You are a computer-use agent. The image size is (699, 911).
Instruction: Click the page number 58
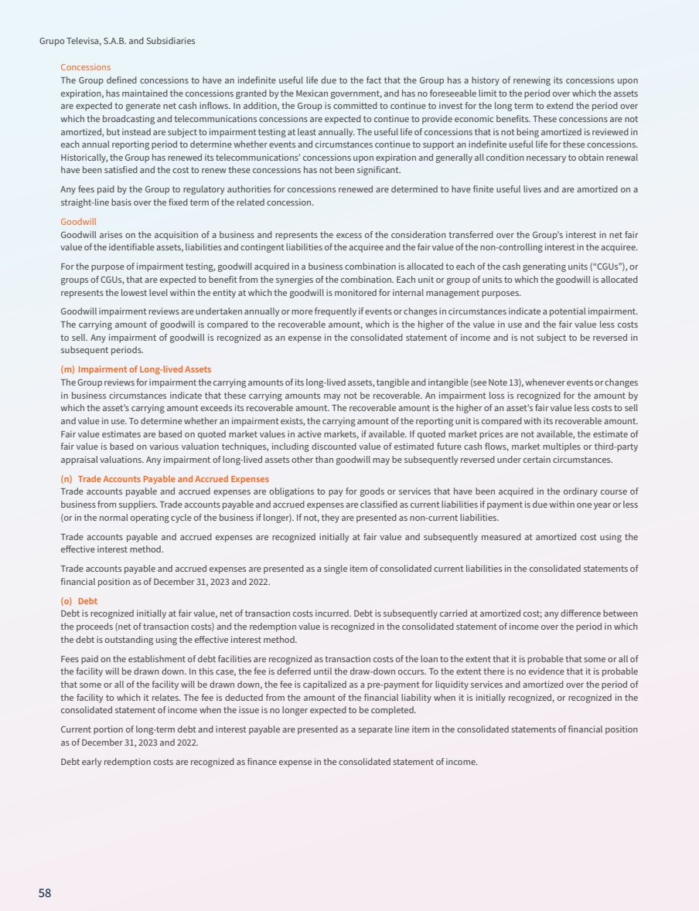pos(45,892)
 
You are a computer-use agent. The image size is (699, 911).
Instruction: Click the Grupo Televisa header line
pos(117,41)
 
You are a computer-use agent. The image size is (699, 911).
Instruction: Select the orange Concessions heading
pos(85,68)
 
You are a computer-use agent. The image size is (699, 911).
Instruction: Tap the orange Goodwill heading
pos(78,221)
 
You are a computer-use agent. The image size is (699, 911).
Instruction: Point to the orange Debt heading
pos(87,601)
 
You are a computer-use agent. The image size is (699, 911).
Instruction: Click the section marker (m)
pos(67,369)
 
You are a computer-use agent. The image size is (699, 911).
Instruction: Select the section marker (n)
pos(66,479)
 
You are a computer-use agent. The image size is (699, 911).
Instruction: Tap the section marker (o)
pos(66,601)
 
